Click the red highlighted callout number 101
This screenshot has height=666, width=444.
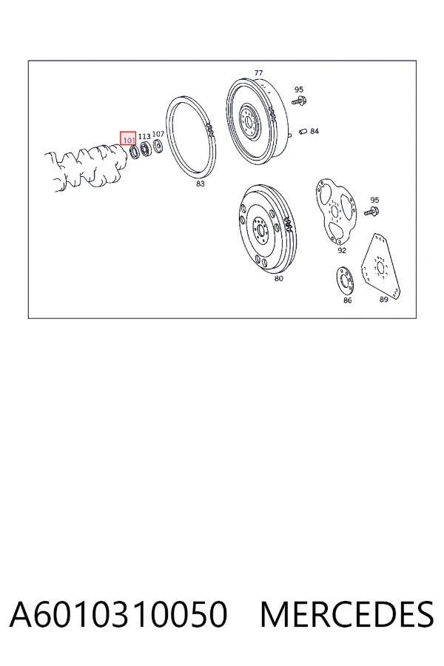pyautogui.click(x=128, y=140)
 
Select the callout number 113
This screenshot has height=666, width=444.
pyautogui.click(x=144, y=136)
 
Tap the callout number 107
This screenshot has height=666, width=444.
pyautogui.click(x=158, y=134)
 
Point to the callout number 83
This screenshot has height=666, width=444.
pyautogui.click(x=200, y=184)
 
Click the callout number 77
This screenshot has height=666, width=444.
pyautogui.click(x=258, y=73)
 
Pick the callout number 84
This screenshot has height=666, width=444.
pyautogui.click(x=314, y=131)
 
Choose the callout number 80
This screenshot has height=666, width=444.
pyautogui.click(x=278, y=279)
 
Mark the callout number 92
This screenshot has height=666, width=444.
pyautogui.click(x=342, y=251)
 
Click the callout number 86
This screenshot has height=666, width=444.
pyautogui.click(x=348, y=300)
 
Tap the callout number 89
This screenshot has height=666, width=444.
pyautogui.click(x=383, y=300)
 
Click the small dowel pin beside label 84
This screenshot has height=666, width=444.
pyautogui.click(x=303, y=131)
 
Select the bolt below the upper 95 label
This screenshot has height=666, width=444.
pyautogui.click(x=300, y=101)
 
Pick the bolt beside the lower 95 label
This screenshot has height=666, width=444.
pyautogui.click(x=371, y=211)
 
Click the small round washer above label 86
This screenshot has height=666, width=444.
pyautogui.click(x=345, y=280)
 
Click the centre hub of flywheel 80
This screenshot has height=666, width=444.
pyautogui.click(x=260, y=229)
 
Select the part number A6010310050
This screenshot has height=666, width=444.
pyautogui.click(x=118, y=614)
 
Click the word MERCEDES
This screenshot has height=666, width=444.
pyautogui.click(x=347, y=614)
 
